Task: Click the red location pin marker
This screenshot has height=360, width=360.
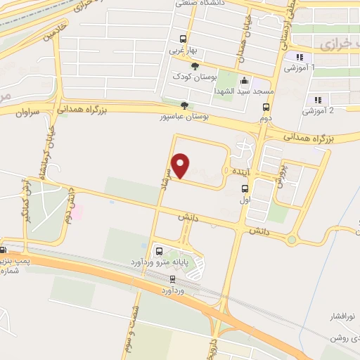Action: pos(181,165)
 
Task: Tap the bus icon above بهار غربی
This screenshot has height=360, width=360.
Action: pos(184,39)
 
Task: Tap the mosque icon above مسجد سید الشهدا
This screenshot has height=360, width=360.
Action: pos(243,81)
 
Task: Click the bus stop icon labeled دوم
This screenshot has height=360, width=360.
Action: pos(266,108)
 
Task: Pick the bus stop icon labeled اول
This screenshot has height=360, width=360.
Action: pos(245,188)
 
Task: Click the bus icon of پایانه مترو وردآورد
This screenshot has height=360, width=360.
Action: pos(159,251)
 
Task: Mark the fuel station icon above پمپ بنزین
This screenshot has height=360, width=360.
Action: pos(4,249)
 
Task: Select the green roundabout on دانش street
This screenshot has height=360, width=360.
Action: pos(292,240)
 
